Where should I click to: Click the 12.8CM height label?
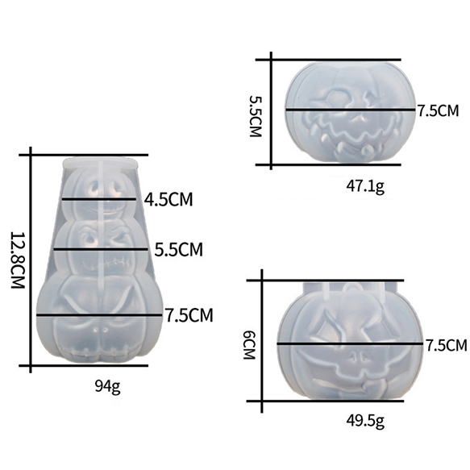click(x=18, y=260)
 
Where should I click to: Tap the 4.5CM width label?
click(x=168, y=199)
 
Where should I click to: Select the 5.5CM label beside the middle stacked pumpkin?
click(x=179, y=249)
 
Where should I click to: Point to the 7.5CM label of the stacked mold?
click(x=189, y=315)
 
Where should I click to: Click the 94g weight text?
click(x=107, y=387)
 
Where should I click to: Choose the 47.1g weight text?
click(x=365, y=187)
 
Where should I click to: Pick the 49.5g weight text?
click(x=365, y=421)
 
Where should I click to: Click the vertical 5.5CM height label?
click(x=256, y=116)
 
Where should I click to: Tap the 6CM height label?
click(x=249, y=345)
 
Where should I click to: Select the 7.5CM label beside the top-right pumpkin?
click(x=439, y=110)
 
